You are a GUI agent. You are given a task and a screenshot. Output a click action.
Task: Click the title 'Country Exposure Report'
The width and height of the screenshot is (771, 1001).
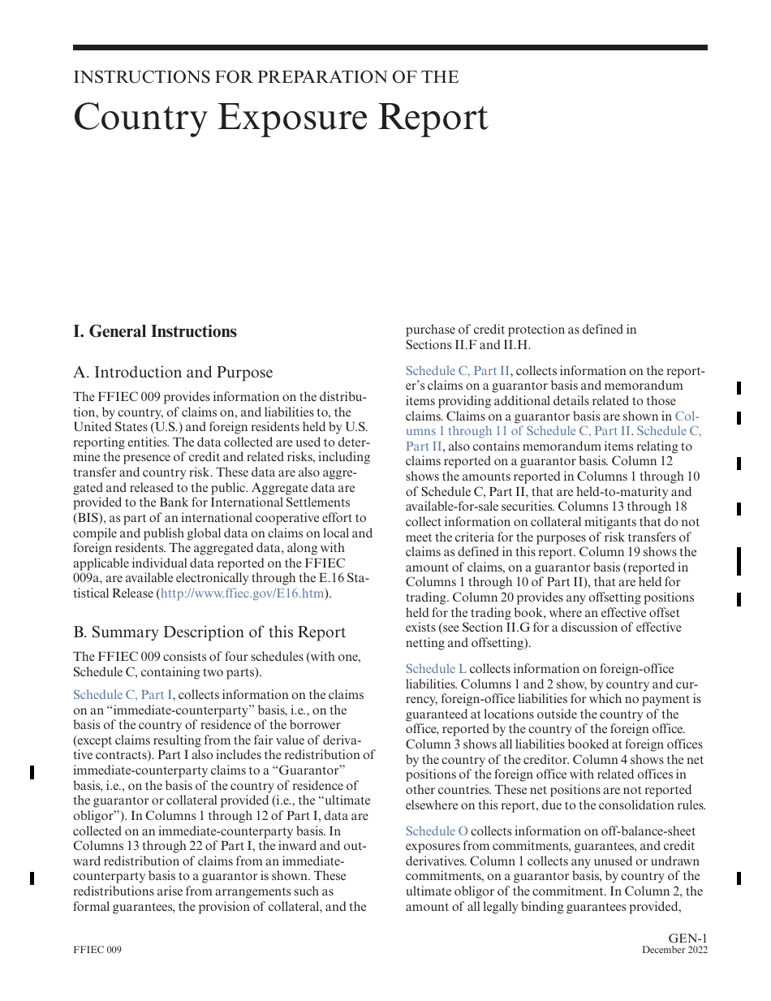coord(281,117)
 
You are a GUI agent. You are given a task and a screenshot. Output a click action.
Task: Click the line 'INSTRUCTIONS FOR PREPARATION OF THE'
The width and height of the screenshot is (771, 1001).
coord(265,77)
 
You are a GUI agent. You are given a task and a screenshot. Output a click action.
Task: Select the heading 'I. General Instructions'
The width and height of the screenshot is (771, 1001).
coord(155,331)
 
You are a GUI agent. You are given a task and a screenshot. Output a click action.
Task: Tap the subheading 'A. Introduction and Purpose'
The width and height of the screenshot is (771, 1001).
coord(173,373)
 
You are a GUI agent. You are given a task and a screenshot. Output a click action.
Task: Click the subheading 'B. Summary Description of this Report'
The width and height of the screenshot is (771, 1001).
coord(209,632)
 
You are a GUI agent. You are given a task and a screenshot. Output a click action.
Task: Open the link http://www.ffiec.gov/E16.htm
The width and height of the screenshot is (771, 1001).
coord(243,593)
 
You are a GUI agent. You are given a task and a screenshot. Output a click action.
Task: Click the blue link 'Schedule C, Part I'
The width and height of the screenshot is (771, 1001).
coord(123,695)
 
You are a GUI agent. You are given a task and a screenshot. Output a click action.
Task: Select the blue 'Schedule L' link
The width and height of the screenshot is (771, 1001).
coord(436,669)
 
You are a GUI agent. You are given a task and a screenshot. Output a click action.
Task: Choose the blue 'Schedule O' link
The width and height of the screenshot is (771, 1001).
coord(437,831)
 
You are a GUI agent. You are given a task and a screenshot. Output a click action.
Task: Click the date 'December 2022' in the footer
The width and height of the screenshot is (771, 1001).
coord(674,950)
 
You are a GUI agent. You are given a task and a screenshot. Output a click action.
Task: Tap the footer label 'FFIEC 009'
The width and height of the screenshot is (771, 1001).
coord(97,950)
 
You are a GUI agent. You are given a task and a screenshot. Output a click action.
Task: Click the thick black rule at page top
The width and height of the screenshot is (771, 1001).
coord(390,48)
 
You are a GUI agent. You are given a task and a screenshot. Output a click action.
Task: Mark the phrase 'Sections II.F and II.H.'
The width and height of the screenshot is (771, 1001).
coord(467,345)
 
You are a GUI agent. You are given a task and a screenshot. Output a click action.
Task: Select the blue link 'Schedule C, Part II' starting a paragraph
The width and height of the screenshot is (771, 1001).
coord(458,371)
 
